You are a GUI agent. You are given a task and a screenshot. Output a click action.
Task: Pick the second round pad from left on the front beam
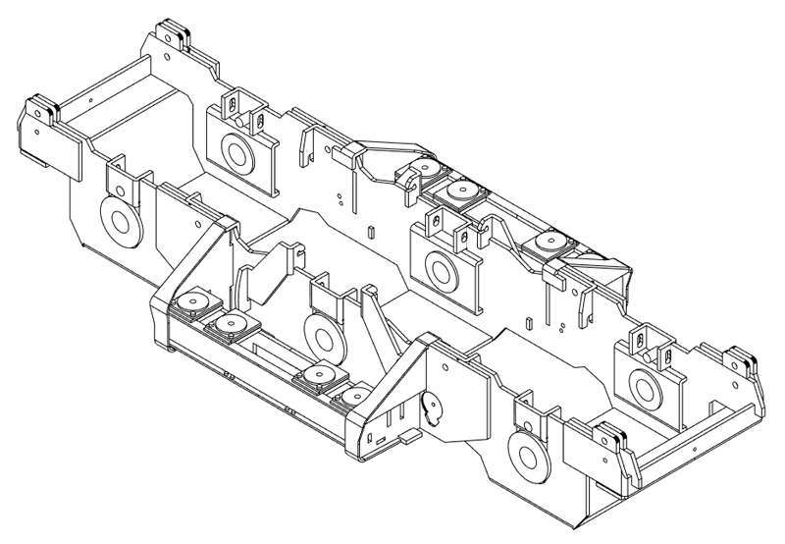(232, 321)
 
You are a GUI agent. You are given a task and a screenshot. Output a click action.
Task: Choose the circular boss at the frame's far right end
(644, 386)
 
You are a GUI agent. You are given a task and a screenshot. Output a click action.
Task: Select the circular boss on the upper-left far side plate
(235, 149)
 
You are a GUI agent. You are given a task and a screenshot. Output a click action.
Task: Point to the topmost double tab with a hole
(174, 31)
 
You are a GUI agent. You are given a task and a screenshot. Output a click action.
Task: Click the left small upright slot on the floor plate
(371, 232)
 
